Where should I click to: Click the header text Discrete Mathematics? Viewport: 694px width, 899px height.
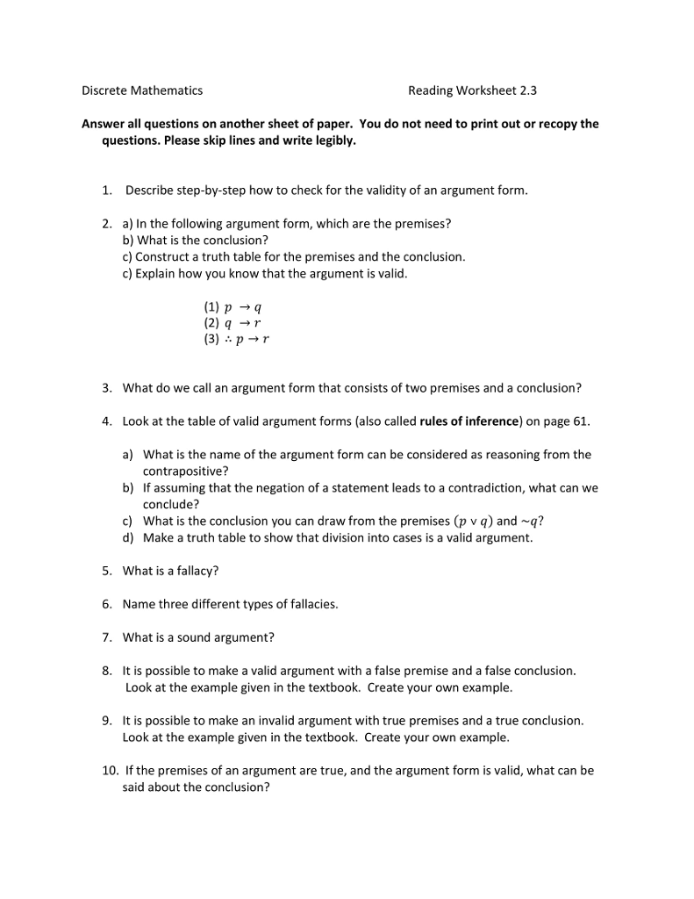142,90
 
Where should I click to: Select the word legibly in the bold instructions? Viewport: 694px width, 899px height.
334,140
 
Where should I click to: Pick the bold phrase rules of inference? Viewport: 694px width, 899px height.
469,421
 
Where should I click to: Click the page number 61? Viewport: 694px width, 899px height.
581,421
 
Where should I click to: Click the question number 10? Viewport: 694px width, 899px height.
110,771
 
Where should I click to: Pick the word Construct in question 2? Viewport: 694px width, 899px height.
161,257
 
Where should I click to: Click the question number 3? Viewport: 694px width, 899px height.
106,388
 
